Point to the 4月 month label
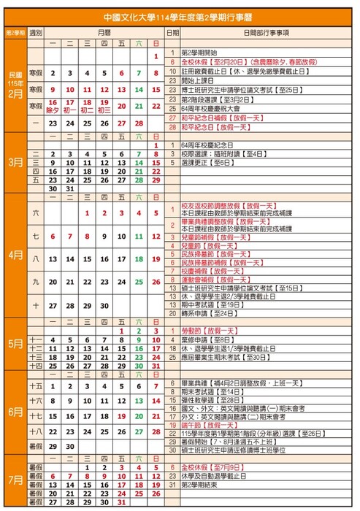click(x=15, y=256)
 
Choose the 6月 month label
click(x=15, y=412)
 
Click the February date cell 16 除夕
click(x=52, y=106)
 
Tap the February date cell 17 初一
click(x=69, y=106)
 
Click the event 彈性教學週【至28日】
click(x=211, y=400)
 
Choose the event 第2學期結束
click(x=198, y=484)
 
